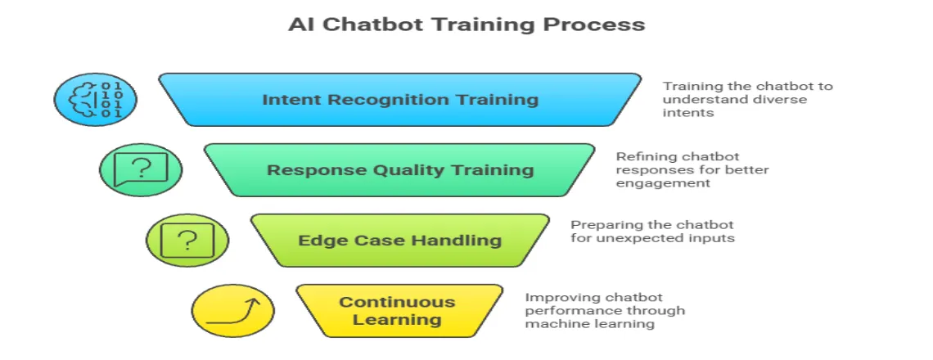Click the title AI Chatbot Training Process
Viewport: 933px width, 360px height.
466,25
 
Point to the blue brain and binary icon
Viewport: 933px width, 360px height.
95,100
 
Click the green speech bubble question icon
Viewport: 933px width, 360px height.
141,170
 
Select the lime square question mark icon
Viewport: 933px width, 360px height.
187,241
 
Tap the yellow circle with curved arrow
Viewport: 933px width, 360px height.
233,311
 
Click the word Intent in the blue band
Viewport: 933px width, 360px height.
287,100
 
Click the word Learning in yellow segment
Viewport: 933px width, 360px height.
397,320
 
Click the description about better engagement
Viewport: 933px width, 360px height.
692,170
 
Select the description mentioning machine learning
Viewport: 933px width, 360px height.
604,311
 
